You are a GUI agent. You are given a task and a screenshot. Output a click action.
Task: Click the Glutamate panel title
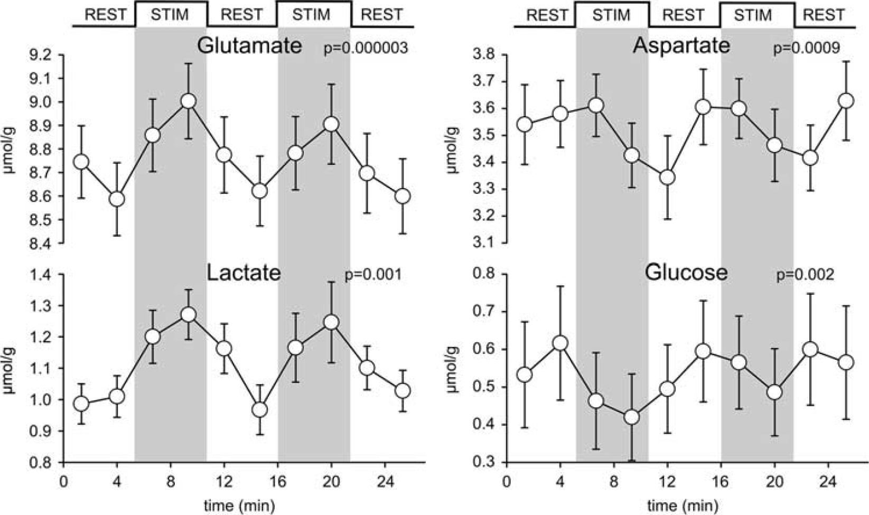(249, 46)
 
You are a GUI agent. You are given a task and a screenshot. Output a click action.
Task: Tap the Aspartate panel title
(681, 46)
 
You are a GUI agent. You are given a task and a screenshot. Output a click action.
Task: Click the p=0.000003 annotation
(366, 49)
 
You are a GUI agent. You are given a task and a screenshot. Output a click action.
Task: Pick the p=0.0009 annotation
(807, 49)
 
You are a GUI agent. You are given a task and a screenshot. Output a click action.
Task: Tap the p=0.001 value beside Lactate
(373, 275)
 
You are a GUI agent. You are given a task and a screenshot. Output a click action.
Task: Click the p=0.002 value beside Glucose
(805, 275)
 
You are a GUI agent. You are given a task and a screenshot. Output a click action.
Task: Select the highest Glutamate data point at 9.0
(189, 101)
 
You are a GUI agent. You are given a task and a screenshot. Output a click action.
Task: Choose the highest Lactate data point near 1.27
(189, 315)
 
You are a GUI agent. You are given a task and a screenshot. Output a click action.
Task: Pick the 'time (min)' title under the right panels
(683, 505)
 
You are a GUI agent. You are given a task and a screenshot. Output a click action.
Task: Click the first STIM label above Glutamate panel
(170, 15)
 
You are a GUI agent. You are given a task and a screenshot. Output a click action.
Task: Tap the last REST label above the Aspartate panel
(824, 15)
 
